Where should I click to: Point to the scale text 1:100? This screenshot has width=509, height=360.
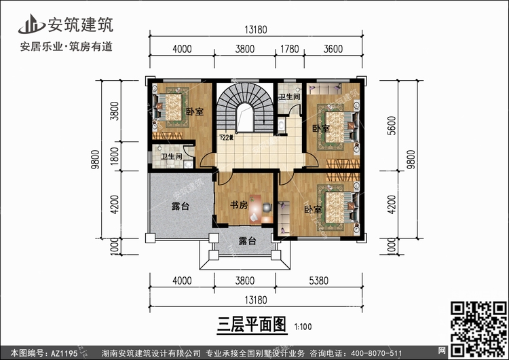(x=303, y=326)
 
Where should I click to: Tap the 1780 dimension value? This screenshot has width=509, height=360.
(x=289, y=48)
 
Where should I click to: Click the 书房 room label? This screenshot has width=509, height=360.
(x=238, y=204)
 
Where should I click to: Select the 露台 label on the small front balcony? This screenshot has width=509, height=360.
(x=248, y=240)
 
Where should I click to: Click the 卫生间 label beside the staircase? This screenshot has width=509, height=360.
(x=289, y=96)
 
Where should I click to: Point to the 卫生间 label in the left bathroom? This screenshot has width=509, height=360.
(x=170, y=158)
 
